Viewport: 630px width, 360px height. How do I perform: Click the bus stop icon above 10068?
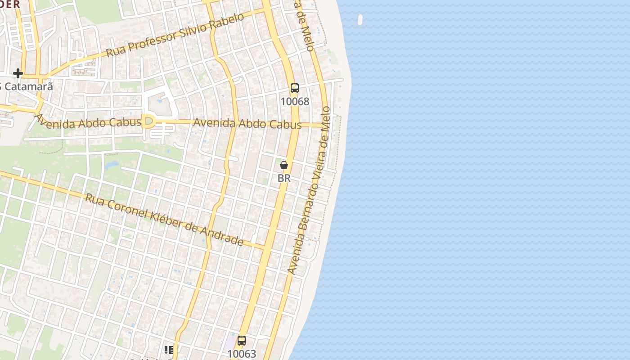[x=295, y=88]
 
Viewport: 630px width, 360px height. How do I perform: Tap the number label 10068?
[x=295, y=102]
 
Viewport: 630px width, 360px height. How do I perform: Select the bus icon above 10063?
[x=242, y=340]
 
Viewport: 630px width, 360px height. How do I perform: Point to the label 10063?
[x=242, y=354]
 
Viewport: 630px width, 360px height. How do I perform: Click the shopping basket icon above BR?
[x=284, y=165]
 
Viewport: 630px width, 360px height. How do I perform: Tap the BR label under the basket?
[x=284, y=178]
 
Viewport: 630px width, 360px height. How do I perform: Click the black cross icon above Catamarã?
[x=18, y=73]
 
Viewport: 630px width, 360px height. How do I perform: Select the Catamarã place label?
[x=28, y=86]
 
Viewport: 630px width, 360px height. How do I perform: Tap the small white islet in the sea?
[x=360, y=19]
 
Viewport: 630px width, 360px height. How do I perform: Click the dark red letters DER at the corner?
[x=10, y=4]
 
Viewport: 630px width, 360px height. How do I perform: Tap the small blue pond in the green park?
[x=111, y=165]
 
